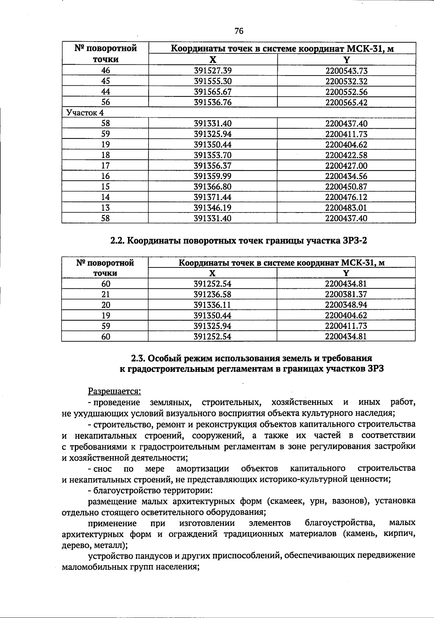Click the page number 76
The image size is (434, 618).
(239, 31)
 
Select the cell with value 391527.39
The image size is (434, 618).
(213, 71)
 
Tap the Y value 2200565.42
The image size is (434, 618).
(346, 103)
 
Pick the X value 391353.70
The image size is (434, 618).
(213, 155)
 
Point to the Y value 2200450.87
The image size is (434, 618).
(346, 187)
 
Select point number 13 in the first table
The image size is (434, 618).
(105, 208)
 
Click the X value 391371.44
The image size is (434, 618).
(213, 197)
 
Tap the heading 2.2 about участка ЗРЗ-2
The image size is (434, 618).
(238, 240)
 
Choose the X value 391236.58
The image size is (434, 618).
(213, 294)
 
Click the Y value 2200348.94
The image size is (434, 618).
(346, 305)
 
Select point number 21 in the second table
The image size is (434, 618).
(105, 294)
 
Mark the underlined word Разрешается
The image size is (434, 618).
(115, 391)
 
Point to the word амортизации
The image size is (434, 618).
(203, 469)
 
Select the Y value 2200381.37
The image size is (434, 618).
(346, 294)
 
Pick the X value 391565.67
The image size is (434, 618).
(213, 92)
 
